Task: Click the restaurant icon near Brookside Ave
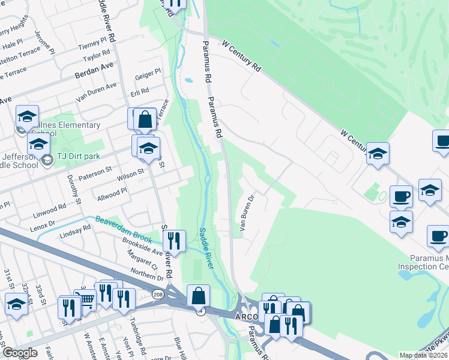[x=174, y=241]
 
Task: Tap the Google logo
[x=20, y=352]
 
